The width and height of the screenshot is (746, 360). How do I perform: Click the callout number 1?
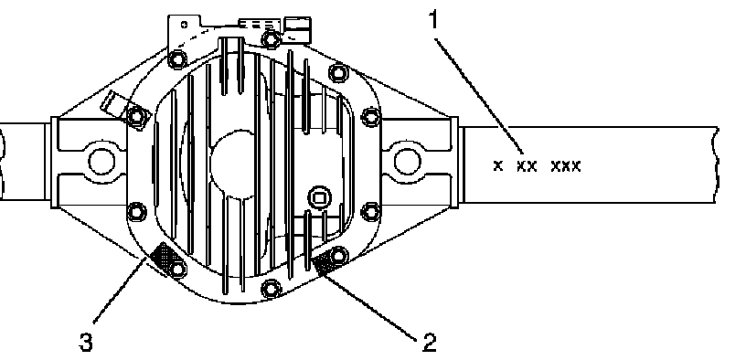(x=432, y=19)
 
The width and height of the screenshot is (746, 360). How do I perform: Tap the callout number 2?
(x=429, y=343)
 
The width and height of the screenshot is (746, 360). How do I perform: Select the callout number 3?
(x=86, y=343)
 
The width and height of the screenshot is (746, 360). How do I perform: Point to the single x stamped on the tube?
(x=498, y=166)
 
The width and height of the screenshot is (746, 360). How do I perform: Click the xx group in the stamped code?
(x=528, y=166)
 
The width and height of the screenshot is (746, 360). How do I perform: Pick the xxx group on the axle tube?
(x=566, y=166)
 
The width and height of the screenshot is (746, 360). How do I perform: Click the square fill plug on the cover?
(x=319, y=196)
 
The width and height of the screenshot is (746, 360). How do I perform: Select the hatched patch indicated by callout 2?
(x=325, y=262)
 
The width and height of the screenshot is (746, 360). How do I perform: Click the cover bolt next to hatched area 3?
(x=177, y=270)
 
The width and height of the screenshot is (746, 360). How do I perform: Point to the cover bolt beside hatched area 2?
(x=338, y=255)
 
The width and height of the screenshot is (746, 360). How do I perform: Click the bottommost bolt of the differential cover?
(x=272, y=288)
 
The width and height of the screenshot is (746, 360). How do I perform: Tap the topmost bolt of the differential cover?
(x=271, y=38)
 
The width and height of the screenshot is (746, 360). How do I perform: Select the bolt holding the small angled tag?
(x=136, y=115)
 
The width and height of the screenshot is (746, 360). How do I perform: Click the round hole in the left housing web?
(x=101, y=162)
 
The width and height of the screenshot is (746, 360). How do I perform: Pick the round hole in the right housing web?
(x=407, y=162)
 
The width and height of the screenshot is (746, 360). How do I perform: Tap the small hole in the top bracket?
(x=184, y=25)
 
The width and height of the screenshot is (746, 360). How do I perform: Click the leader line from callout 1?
(x=480, y=97)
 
